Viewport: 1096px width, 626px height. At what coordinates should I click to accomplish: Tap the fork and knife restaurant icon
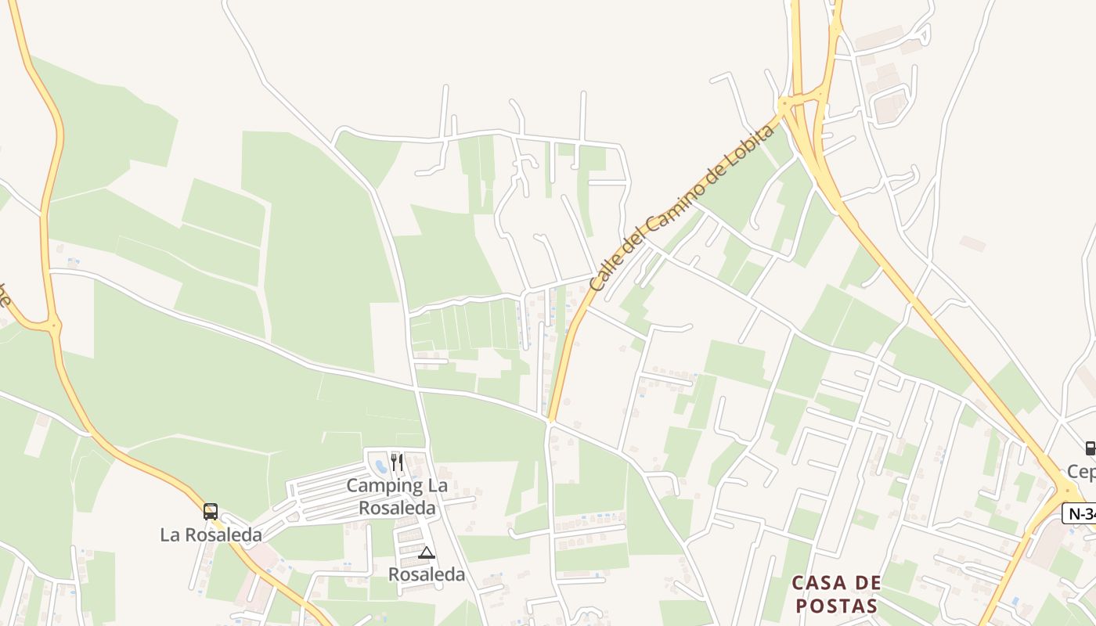click(397, 462)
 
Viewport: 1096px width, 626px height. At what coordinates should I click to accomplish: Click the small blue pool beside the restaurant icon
click(381, 466)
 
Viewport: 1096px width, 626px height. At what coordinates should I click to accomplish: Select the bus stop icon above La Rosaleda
click(211, 512)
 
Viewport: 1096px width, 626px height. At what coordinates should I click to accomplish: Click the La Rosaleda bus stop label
click(211, 535)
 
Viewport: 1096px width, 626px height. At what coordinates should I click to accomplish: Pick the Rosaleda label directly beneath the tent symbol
click(427, 575)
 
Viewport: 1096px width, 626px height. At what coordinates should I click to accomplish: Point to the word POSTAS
click(835, 606)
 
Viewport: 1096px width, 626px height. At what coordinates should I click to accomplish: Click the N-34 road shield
click(1079, 514)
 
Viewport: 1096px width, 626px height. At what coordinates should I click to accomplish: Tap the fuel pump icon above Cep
click(1089, 448)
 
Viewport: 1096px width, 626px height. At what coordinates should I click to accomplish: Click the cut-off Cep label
click(1081, 472)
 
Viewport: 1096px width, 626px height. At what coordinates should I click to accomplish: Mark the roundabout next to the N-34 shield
click(1065, 491)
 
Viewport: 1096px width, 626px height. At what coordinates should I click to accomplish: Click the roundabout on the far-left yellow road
click(53, 323)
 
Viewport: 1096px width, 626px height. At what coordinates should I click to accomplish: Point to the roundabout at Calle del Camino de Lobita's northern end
click(784, 103)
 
